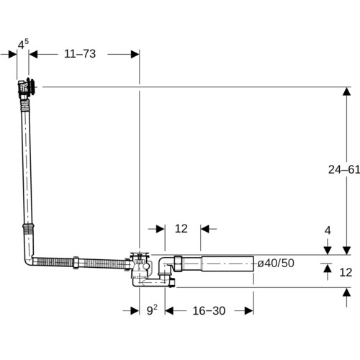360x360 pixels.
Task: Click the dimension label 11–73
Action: (80, 54)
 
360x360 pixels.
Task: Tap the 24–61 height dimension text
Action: (344, 169)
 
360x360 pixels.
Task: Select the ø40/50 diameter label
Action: (276, 263)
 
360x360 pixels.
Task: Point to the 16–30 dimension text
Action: (209, 310)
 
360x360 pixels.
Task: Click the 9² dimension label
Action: (152, 310)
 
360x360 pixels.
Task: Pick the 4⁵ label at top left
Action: (23, 44)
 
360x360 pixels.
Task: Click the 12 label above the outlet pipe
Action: (181, 228)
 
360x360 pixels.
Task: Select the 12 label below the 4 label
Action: (346, 272)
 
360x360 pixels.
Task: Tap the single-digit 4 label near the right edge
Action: (328, 230)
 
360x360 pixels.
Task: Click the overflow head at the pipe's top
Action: (27, 87)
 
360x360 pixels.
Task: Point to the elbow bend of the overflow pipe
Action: (29, 260)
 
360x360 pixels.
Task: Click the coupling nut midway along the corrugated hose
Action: (76, 263)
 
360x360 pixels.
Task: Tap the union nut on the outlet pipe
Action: (179, 264)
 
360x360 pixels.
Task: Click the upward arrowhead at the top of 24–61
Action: (346, 91)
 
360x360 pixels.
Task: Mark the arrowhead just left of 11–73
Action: (33, 54)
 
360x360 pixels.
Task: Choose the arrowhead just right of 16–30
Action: (249, 311)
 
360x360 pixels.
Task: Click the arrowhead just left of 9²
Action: (135, 311)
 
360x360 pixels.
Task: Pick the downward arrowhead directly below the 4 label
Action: (328, 251)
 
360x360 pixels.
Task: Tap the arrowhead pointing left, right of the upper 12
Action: (205, 229)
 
